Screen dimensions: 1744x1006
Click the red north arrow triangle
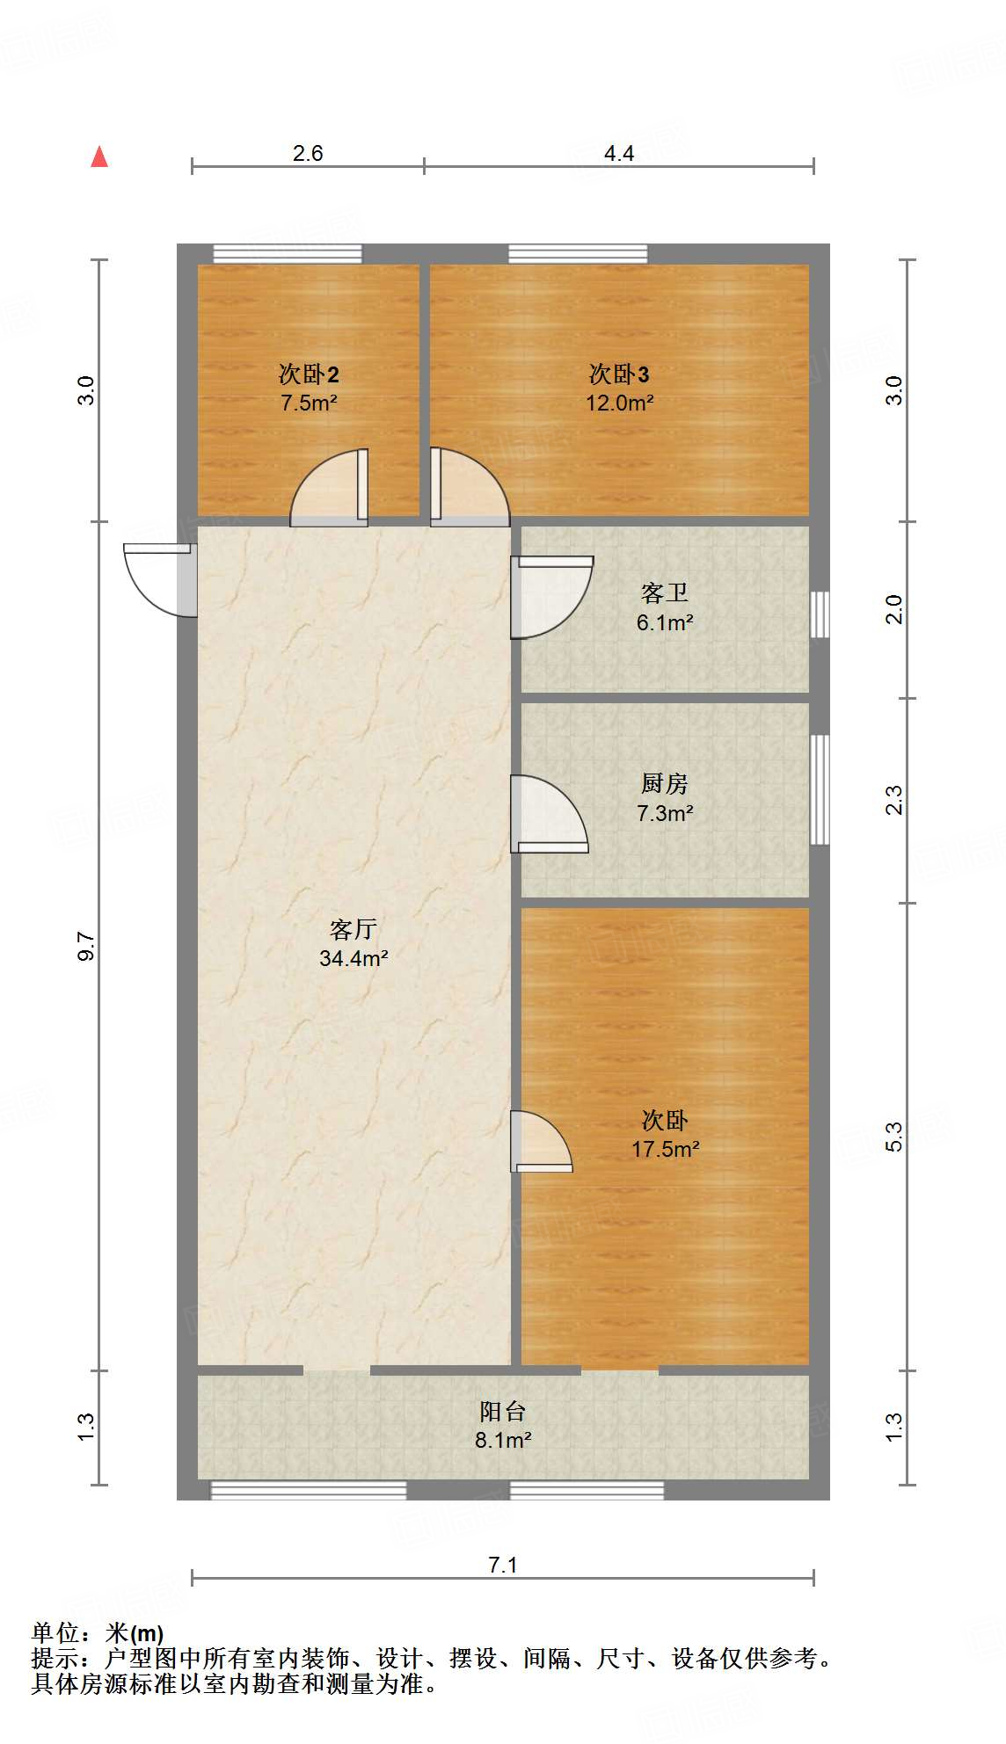tap(99, 157)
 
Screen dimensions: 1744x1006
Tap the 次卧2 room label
tap(309, 374)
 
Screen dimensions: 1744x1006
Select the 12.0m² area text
tap(619, 403)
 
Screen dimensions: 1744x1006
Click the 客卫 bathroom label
tap(664, 593)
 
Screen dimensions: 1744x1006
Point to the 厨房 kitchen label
tap(664, 783)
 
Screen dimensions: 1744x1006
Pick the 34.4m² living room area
tap(354, 958)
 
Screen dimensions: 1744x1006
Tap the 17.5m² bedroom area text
tap(665, 1149)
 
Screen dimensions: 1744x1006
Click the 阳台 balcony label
tap(502, 1412)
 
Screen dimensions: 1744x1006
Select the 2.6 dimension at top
tap(308, 154)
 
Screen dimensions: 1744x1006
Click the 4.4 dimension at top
tap(619, 154)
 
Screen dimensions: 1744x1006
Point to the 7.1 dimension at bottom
tap(502, 1565)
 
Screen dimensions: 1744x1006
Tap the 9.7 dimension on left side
tap(86, 946)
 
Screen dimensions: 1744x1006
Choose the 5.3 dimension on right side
tap(893, 1137)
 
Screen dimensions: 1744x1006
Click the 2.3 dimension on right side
tap(893, 800)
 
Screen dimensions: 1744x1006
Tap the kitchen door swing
tap(548, 813)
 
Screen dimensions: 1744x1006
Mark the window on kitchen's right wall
tap(820, 789)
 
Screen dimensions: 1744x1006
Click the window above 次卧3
tap(578, 254)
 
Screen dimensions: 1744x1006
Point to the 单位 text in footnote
tap(56, 1633)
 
